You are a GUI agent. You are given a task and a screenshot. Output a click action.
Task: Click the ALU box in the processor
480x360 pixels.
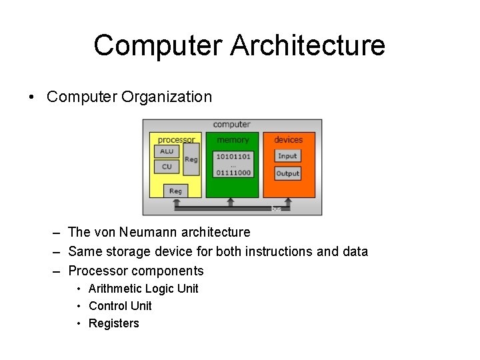click(167, 151)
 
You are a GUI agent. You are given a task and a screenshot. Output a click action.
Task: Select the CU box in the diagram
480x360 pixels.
click(167, 167)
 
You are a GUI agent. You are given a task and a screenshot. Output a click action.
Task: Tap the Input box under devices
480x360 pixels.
click(287, 156)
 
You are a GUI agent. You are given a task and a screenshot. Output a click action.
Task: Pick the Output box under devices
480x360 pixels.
click(287, 173)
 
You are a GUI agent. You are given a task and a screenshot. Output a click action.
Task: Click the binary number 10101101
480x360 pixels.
click(232, 156)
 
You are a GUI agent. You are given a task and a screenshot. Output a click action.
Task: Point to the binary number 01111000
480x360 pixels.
click(232, 173)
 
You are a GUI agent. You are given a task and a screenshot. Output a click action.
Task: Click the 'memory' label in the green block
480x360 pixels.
click(233, 140)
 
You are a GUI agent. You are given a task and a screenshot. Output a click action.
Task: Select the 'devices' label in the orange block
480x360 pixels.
click(288, 140)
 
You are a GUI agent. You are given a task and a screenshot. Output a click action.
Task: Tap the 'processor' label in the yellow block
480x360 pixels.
click(176, 140)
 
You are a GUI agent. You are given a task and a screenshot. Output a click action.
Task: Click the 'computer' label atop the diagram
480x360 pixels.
click(231, 125)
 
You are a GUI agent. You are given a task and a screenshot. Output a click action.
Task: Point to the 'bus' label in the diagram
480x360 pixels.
click(276, 209)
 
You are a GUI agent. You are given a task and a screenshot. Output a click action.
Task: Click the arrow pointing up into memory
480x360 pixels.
click(231, 201)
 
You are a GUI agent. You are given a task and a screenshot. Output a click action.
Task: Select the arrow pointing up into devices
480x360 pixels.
click(287, 201)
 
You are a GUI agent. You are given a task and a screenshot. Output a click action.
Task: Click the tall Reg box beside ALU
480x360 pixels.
click(191, 159)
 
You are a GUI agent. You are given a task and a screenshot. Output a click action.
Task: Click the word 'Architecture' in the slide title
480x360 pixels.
click(308, 45)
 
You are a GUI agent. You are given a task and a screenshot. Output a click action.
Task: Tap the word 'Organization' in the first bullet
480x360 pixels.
click(167, 97)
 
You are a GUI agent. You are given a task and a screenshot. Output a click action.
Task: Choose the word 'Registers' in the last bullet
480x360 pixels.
click(114, 323)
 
